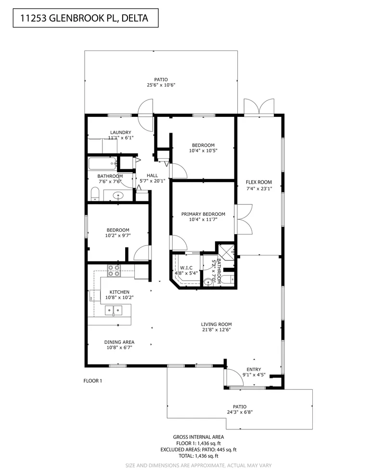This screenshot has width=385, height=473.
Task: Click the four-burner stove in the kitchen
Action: point(114,271)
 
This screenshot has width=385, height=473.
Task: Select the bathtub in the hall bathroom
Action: point(103,164)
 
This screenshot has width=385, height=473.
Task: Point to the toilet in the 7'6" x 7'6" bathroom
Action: point(95,194)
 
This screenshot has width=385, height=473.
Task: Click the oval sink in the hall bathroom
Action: point(118,196)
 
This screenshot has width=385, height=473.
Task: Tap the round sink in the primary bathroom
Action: point(208,282)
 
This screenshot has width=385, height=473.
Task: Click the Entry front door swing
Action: point(235,377)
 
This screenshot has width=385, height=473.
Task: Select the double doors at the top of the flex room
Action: point(259,107)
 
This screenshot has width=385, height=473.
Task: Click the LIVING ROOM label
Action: point(217,324)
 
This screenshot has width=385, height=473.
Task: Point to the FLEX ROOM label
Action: point(259,182)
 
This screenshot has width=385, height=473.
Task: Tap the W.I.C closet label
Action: point(186,268)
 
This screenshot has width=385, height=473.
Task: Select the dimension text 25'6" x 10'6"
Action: point(161,85)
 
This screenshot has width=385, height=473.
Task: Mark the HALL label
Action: point(152,175)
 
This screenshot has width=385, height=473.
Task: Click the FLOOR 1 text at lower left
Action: point(93,381)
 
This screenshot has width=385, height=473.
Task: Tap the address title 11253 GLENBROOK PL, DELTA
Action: point(84,19)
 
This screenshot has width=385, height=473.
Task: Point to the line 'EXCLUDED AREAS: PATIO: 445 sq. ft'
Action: point(198,449)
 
